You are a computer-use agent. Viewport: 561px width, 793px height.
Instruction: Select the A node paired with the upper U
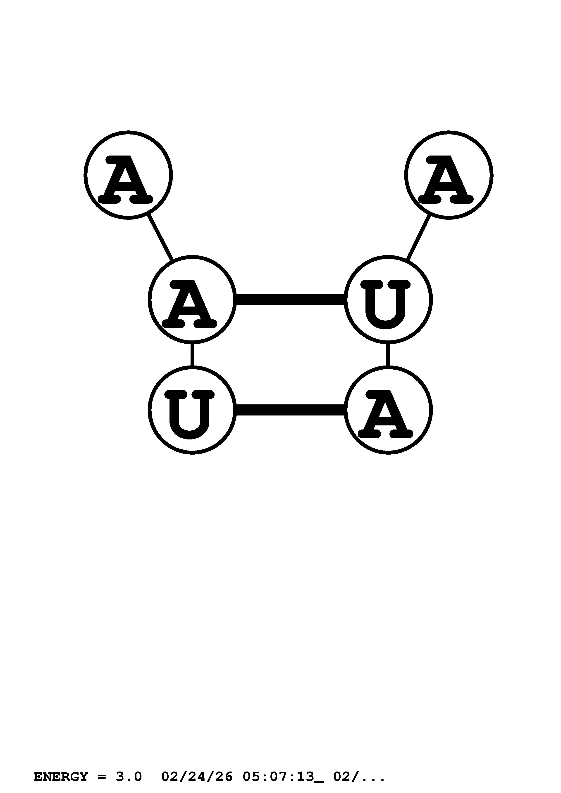point(192,300)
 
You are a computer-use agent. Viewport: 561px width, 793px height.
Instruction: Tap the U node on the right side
point(388,300)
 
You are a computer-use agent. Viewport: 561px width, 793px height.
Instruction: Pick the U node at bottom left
point(192,410)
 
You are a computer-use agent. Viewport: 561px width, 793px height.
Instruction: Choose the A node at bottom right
point(388,410)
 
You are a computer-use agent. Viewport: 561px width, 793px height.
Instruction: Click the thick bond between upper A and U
point(290,300)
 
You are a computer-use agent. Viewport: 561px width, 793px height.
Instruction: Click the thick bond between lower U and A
point(290,410)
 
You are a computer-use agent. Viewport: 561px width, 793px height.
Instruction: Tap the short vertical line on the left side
point(192,355)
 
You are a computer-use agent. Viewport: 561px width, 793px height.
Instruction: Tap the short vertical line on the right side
point(388,355)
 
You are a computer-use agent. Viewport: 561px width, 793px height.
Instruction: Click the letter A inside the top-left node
point(125,179)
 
